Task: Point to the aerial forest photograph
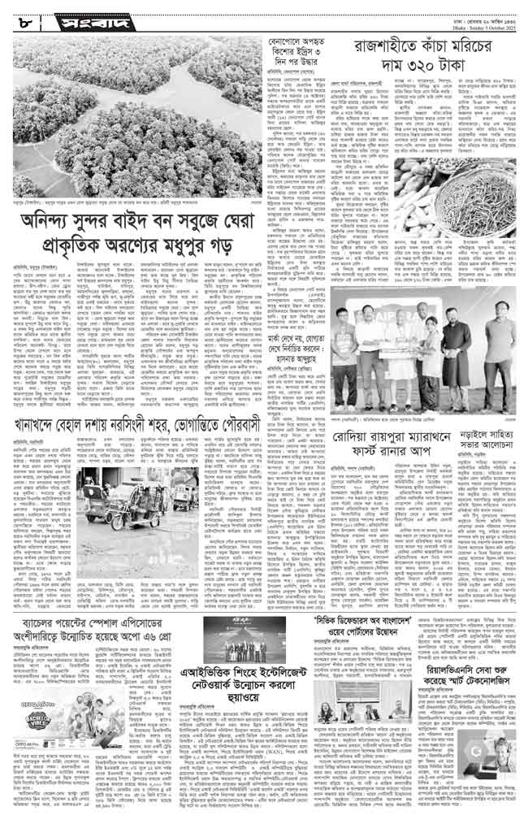[130, 123]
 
